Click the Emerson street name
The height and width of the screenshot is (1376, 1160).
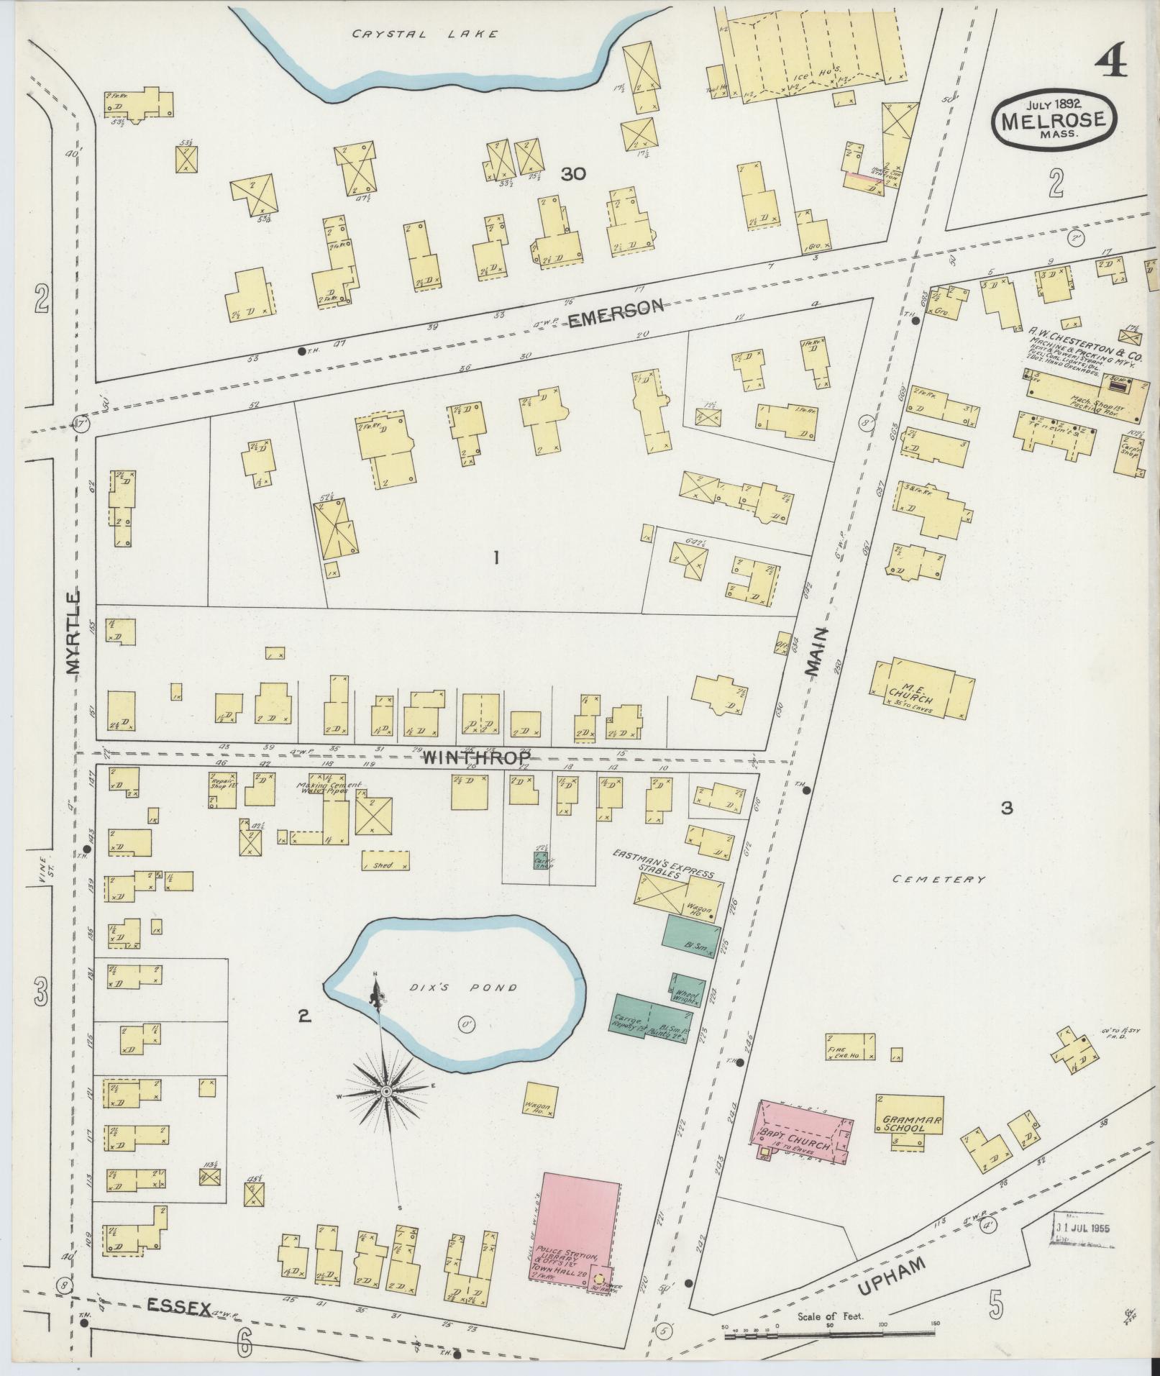point(615,314)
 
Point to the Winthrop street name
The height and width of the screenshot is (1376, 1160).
point(476,757)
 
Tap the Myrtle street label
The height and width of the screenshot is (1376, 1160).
point(73,633)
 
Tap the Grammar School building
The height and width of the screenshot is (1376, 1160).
point(910,1124)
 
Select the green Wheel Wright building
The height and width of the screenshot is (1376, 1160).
point(687,990)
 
